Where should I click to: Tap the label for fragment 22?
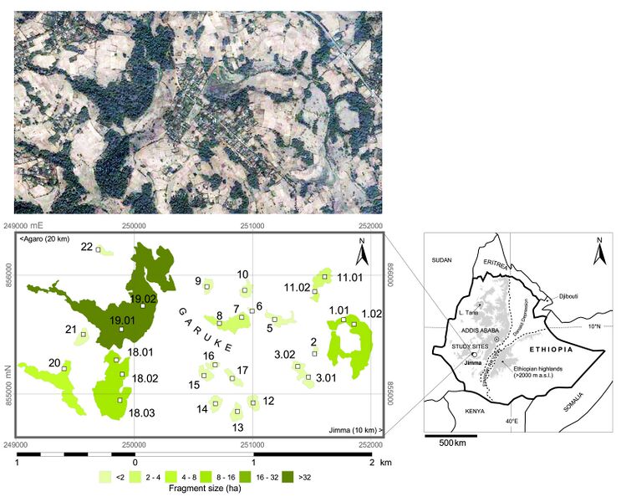tap(87, 247)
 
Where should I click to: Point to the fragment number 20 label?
tap(54, 363)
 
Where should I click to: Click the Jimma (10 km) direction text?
tap(350, 430)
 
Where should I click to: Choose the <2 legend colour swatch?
tap(105, 475)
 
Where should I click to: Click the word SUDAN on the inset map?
tap(441, 261)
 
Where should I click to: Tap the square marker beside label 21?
tap(83, 334)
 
